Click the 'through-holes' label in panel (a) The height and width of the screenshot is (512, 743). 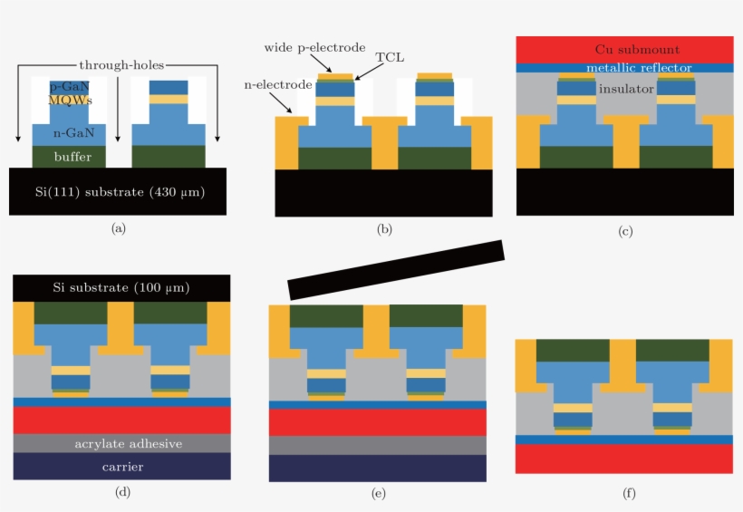point(120,65)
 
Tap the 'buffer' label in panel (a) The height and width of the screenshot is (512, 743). point(69,156)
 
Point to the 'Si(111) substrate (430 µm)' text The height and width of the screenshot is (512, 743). point(117,191)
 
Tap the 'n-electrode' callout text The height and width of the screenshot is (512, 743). point(278,84)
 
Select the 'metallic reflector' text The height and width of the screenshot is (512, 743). point(639,68)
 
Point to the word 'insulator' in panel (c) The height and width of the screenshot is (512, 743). point(625,89)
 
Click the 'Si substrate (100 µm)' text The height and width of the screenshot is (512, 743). point(121,287)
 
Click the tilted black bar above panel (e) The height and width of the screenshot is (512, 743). point(396,269)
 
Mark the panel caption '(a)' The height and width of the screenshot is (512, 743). point(118,228)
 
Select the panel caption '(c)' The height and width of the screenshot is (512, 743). point(624,231)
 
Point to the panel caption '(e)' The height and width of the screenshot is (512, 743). point(378,493)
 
